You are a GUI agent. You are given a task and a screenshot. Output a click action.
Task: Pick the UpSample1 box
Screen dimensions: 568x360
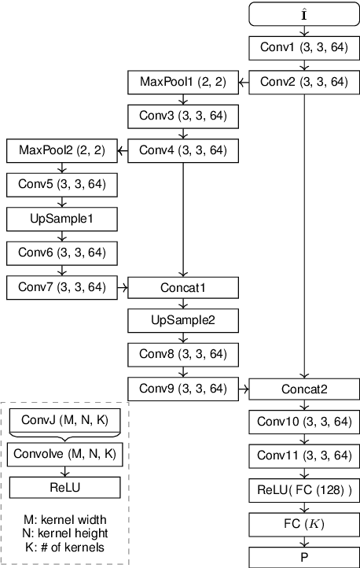click(x=61, y=218)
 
